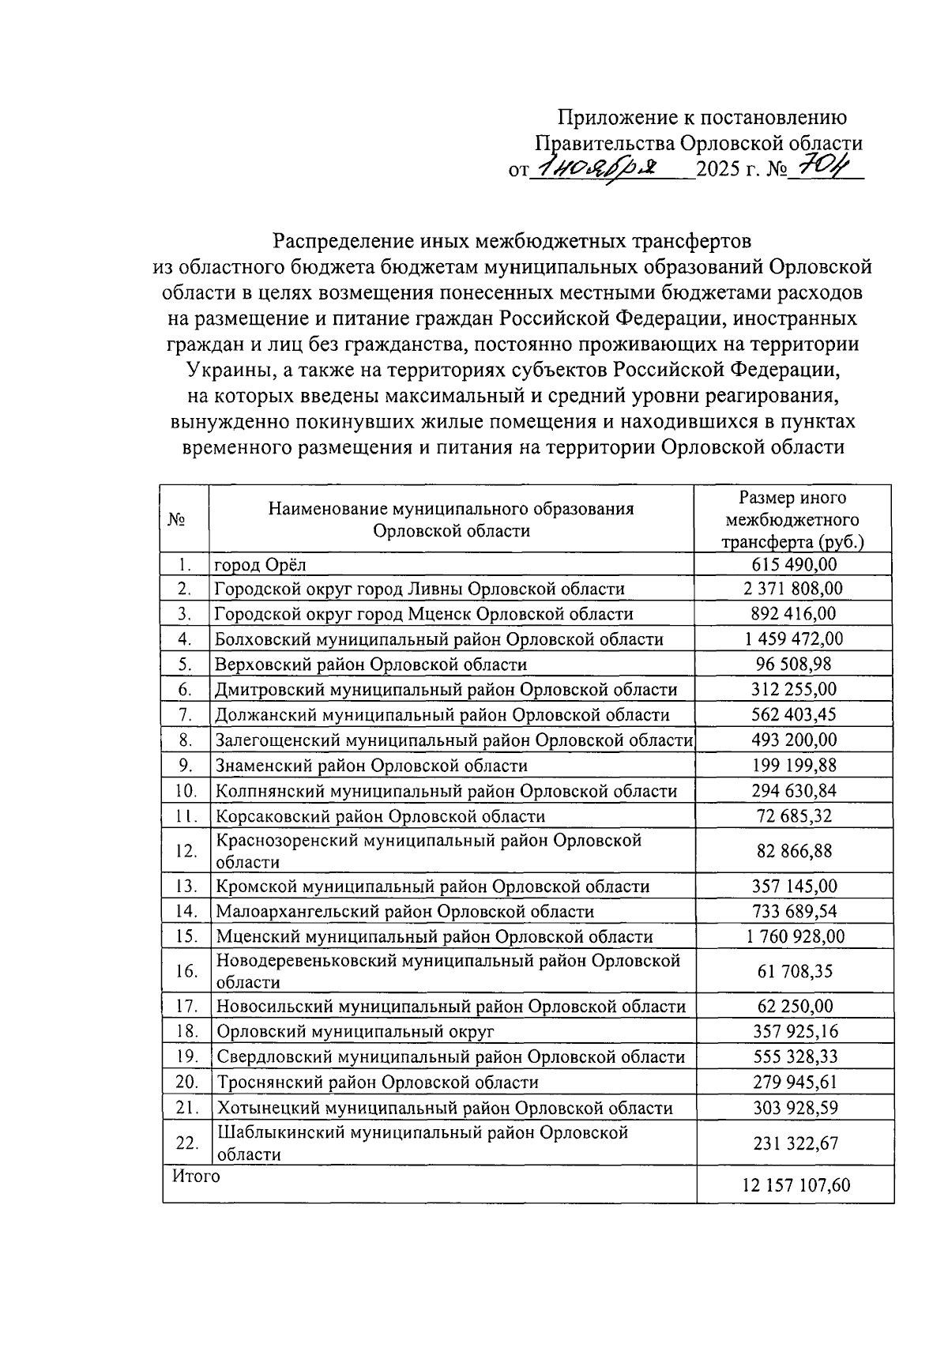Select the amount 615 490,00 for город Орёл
[793, 564]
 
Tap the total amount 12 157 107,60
[796, 1185]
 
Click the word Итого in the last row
[196, 1176]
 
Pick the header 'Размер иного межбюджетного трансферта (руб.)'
[792, 520]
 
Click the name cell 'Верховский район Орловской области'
[371, 665]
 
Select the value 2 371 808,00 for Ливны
[793, 589]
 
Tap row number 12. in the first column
[186, 851]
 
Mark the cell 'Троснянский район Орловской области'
[378, 1082]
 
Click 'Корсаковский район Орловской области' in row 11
[380, 816]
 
